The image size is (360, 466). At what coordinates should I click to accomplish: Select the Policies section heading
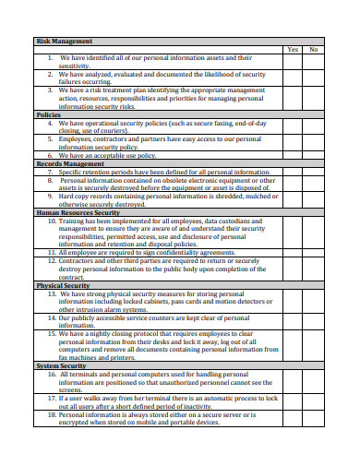pyautogui.click(x=48, y=114)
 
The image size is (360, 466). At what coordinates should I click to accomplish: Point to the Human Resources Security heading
pyautogui.click(x=78, y=211)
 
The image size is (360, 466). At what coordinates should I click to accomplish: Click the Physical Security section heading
pyautogui.click(x=63, y=285)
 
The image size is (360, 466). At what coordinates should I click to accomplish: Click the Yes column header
pyautogui.click(x=291, y=49)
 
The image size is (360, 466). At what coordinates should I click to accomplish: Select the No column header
pyautogui.click(x=314, y=49)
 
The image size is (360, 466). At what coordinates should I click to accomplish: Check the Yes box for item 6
pyautogui.click(x=291, y=154)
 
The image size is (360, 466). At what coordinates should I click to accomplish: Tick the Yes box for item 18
pyautogui.click(x=291, y=418)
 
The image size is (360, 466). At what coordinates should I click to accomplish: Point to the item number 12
pyautogui.click(x=52, y=260)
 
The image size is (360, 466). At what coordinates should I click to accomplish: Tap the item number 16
pyautogui.click(x=52, y=374)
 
